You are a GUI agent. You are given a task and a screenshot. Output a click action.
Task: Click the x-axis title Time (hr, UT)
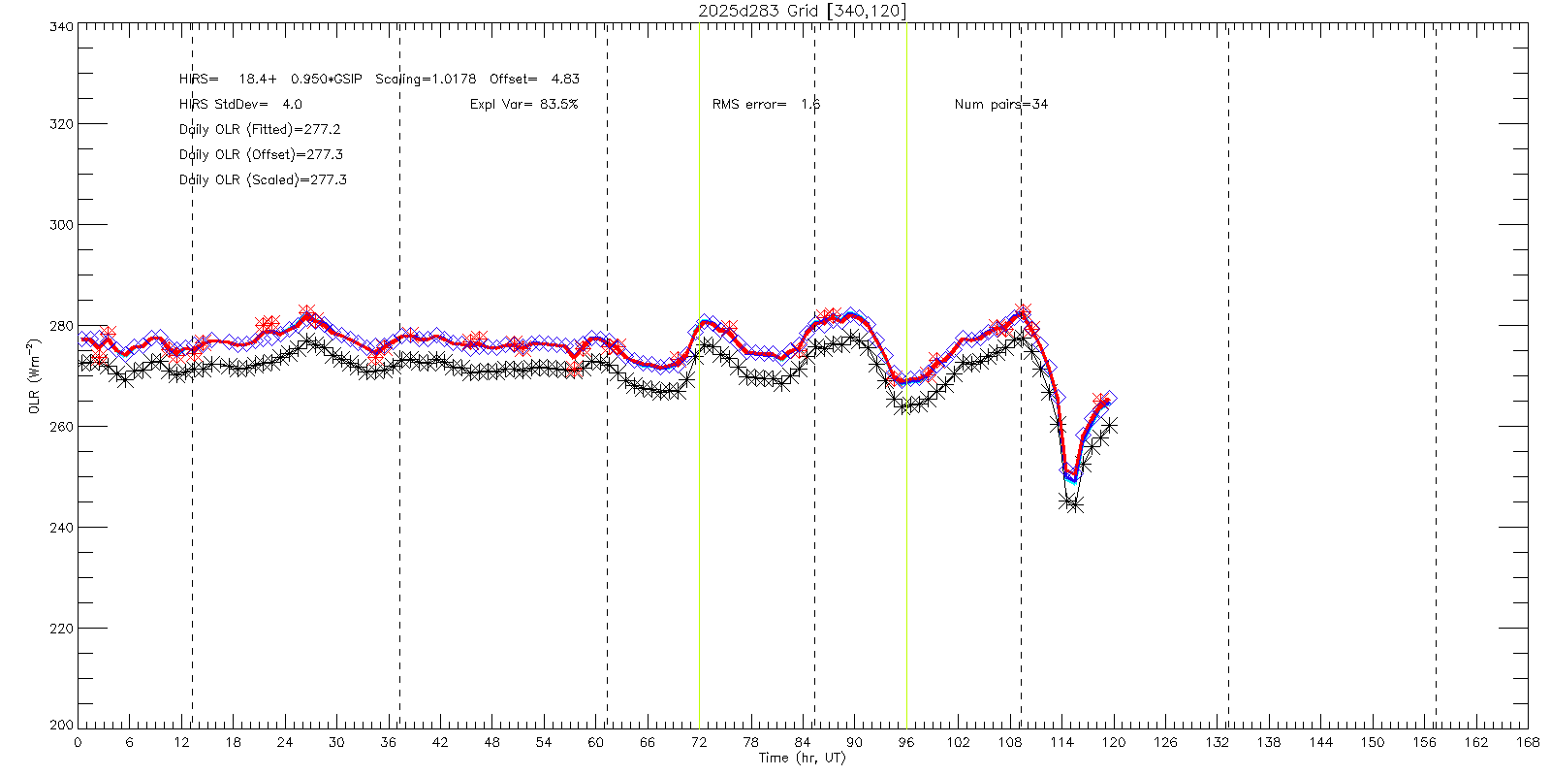802,758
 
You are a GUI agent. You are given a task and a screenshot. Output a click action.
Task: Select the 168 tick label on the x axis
1528,742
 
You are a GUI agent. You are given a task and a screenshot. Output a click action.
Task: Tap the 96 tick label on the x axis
906,742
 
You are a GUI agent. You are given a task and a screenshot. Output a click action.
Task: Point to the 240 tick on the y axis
78,527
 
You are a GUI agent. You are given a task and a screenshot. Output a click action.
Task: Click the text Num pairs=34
1000,104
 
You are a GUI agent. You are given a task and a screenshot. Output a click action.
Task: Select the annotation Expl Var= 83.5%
523,104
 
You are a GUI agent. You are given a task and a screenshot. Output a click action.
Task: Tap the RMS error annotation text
766,104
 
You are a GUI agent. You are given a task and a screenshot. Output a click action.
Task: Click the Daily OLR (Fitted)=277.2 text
260,129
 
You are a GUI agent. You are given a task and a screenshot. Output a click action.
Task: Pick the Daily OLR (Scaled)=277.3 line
263,180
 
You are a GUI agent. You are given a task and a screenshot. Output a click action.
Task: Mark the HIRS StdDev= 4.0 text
240,104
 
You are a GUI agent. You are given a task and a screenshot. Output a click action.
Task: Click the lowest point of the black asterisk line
1075,504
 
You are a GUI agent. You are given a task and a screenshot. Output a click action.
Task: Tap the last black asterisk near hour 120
1110,425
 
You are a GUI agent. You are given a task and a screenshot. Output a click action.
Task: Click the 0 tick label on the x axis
78,742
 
